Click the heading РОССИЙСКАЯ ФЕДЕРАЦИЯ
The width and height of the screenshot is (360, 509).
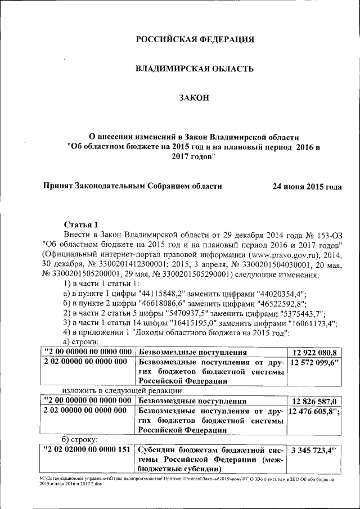click(x=195, y=39)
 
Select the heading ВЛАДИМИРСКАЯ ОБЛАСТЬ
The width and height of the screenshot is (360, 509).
click(x=195, y=69)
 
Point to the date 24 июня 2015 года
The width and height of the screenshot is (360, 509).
click(x=307, y=186)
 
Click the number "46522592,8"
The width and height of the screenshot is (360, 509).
click(x=282, y=304)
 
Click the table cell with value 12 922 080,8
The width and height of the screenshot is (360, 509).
click(x=314, y=353)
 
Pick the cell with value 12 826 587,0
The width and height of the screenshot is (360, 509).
click(x=314, y=401)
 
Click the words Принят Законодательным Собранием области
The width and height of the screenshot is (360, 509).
click(x=132, y=186)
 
